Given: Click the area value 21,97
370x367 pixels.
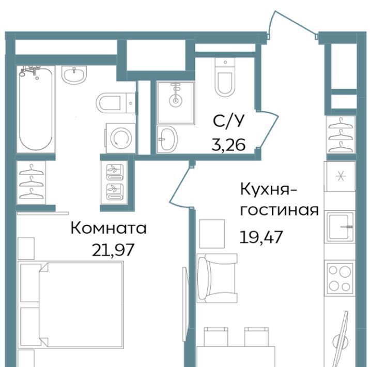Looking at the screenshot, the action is tap(113, 250).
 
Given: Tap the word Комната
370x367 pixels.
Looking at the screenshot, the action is tap(109, 228).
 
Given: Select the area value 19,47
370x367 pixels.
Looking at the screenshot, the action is tap(261, 237).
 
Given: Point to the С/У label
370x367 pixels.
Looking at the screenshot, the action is tap(228, 121).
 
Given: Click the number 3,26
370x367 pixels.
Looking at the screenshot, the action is tap(228, 144).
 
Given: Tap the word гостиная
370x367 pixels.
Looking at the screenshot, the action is tap(280, 210).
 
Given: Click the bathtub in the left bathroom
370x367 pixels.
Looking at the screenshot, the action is tap(36, 109).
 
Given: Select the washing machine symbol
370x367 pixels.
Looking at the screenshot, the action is tap(120, 138).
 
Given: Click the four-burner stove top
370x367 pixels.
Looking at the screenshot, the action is tap(340, 278).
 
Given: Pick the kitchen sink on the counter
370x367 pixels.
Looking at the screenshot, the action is tap(340, 227).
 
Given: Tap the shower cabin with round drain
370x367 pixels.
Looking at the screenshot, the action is tap(176, 103).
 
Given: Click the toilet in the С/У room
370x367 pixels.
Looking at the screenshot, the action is tap(225, 77).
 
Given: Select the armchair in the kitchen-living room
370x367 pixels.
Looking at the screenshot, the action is tap(217, 278).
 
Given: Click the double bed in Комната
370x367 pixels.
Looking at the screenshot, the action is tap(71, 304).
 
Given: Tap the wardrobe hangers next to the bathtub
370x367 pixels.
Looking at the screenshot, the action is tap(31, 182).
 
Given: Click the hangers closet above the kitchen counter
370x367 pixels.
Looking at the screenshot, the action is tap(341, 134).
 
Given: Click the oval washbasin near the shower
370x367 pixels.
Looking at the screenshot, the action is tap(167, 139).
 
